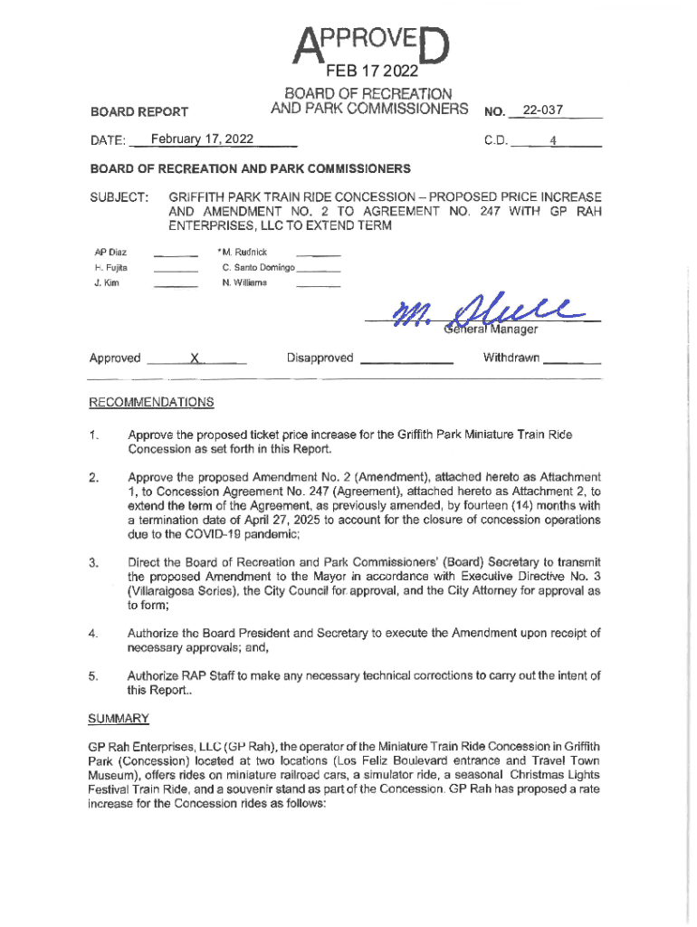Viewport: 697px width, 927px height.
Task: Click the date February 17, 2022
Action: pyautogui.click(x=203, y=139)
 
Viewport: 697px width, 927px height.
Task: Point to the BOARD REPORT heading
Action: pyautogui.click(x=139, y=111)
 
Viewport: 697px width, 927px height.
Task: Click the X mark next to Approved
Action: pyautogui.click(x=195, y=358)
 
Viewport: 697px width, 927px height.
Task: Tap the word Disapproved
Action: pyautogui.click(x=320, y=358)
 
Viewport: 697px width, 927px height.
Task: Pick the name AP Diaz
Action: pyautogui.click(x=110, y=251)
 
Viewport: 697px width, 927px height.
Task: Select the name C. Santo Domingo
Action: pyautogui.click(x=258, y=268)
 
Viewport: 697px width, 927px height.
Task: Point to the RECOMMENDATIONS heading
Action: pyautogui.click(x=151, y=402)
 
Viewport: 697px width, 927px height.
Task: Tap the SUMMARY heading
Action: pyautogui.click(x=119, y=718)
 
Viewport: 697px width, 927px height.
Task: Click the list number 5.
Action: pyautogui.click(x=93, y=674)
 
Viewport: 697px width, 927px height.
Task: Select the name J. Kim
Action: pyautogui.click(x=107, y=283)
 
